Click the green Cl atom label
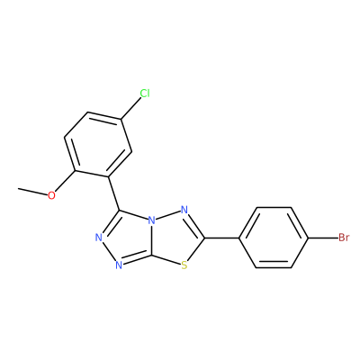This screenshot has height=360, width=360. pyautogui.click(x=145, y=94)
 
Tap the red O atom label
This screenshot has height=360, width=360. pyautogui.click(x=51, y=195)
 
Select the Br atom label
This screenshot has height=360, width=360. pyautogui.click(x=344, y=238)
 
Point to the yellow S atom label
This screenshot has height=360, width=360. pyautogui.click(x=184, y=265)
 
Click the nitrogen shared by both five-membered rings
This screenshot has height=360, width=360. pyautogui.click(x=152, y=221)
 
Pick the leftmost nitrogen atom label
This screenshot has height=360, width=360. pyautogui.click(x=99, y=238)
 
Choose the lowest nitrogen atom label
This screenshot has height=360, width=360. pyautogui.click(x=119, y=265)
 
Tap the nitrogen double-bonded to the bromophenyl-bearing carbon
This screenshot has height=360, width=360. pyautogui.click(x=184, y=210)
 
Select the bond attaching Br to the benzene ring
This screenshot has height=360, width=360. pyautogui.click(x=323, y=238)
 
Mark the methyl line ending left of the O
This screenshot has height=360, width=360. pyautogui.click(x=32, y=192)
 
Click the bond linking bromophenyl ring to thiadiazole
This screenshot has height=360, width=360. pyautogui.click(x=221, y=238)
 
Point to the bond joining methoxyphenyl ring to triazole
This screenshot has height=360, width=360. pyautogui.click(x=113, y=193)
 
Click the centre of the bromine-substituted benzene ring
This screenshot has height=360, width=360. pyautogui.click(x=274, y=238)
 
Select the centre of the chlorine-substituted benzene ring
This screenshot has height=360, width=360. pyautogui.click(x=98, y=145)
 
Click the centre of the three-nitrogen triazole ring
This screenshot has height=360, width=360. pyautogui.click(x=128, y=238)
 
